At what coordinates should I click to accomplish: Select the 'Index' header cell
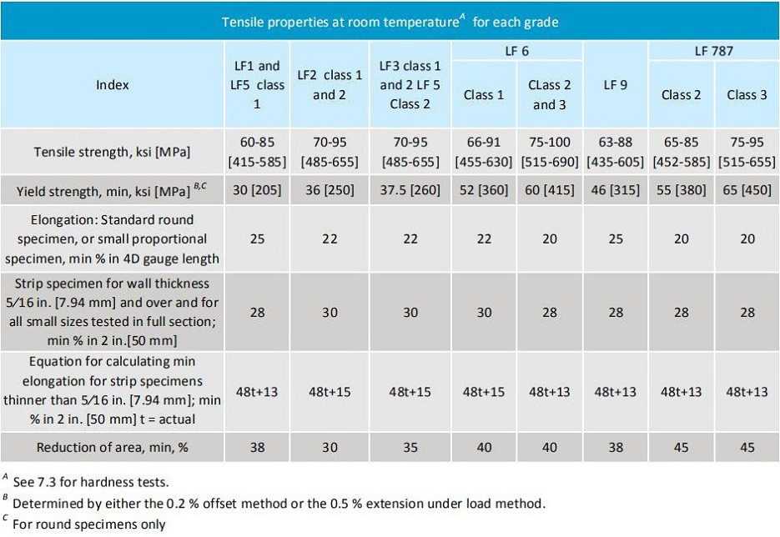112,84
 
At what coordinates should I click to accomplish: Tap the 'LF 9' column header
615,84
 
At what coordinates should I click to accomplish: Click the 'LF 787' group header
713,51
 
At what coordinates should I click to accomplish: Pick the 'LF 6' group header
516,51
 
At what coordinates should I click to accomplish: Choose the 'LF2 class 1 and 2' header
330,84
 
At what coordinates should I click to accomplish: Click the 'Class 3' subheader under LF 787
747,94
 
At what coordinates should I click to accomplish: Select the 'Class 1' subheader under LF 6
483,94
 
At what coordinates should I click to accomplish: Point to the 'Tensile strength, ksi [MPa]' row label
112,152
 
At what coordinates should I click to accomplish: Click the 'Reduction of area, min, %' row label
112,448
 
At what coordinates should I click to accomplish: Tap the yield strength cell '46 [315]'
615,191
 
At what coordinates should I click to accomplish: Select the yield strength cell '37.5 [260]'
404,191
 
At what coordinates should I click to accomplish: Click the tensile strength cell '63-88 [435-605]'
615,152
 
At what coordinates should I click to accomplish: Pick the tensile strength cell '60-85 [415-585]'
257,152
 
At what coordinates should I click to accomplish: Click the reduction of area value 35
404,448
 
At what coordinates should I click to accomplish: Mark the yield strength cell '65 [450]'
747,191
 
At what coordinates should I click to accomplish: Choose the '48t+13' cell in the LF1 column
257,392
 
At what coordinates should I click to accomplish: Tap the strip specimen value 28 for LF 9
615,312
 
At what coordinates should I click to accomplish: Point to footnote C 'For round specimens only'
88,524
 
